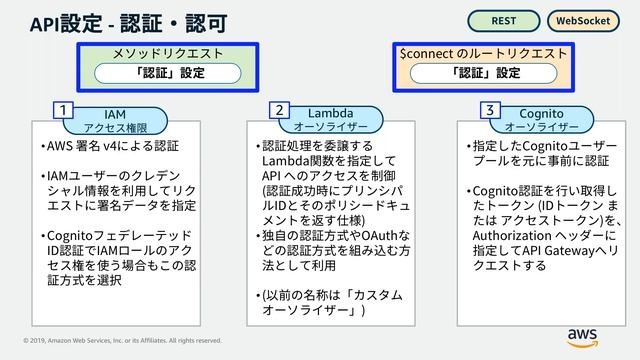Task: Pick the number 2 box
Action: (x=281, y=108)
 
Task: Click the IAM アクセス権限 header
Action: (x=115, y=120)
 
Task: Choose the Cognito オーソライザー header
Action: (x=542, y=120)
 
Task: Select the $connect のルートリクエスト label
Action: (x=485, y=52)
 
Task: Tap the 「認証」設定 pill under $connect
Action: (x=485, y=73)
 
